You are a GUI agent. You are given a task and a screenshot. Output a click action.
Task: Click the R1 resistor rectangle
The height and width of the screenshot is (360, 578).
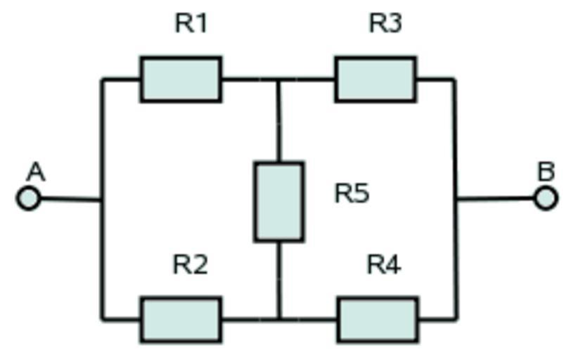[181, 79]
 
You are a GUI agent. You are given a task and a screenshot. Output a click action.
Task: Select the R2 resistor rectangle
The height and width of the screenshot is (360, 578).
[181, 320]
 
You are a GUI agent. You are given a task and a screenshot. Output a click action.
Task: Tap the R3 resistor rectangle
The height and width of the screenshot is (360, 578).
[375, 79]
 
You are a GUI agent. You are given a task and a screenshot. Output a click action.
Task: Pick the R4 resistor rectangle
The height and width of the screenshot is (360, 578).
[377, 320]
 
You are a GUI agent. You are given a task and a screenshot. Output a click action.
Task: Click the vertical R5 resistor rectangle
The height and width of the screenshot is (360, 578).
[279, 202]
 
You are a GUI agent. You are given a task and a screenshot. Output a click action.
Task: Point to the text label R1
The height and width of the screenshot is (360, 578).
[191, 24]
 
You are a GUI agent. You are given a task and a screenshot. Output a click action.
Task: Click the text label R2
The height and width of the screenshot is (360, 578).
[190, 265]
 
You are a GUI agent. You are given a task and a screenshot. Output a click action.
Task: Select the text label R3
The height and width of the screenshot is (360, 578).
[385, 24]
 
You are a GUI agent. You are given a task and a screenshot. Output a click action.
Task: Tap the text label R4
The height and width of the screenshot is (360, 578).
[384, 265]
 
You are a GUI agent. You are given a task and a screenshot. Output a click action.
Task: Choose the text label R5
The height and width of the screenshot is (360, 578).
[352, 193]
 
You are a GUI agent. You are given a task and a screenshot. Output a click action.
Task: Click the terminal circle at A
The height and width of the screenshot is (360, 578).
[28, 199]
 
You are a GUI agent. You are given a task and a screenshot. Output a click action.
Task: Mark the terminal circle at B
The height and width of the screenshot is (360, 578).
[546, 199]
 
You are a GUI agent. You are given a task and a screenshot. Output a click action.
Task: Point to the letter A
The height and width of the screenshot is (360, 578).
[36, 172]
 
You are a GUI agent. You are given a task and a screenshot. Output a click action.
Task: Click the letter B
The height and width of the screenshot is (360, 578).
[546, 172]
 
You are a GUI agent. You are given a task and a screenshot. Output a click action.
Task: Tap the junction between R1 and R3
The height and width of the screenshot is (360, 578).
[279, 79]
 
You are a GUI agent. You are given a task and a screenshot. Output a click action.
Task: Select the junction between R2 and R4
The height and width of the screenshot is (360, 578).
[279, 320]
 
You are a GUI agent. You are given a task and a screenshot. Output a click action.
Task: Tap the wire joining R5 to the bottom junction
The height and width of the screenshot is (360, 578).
[279, 281]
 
